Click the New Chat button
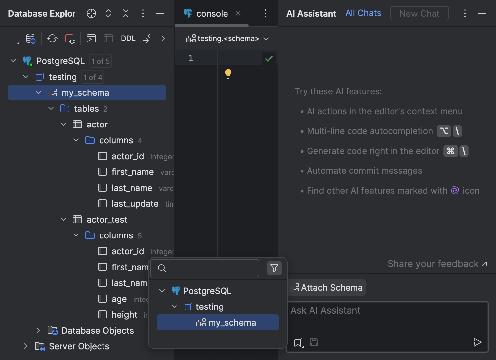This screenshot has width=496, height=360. pyautogui.click(x=419, y=14)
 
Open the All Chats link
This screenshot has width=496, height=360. pyautogui.click(x=363, y=13)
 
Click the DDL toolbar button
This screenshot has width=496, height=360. pyautogui.click(x=128, y=39)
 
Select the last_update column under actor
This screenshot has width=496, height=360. pyautogui.click(x=135, y=204)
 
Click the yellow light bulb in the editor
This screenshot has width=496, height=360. pyautogui.click(x=228, y=73)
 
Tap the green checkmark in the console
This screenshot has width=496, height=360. pyautogui.click(x=269, y=59)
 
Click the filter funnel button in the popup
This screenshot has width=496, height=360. pyautogui.click(x=274, y=268)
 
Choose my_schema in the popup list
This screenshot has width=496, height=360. pyautogui.click(x=232, y=323)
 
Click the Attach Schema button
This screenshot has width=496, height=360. pyautogui.click(x=327, y=288)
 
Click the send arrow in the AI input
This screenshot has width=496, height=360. pyautogui.click(x=477, y=342)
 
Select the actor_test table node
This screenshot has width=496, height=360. pyautogui.click(x=106, y=220)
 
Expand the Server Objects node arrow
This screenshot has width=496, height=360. pyautogui.click(x=25, y=346)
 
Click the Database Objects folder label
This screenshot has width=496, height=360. pyautogui.click(x=98, y=331)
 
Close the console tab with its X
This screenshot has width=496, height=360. pyautogui.click(x=238, y=13)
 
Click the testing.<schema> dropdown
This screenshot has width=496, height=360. pyautogui.click(x=227, y=39)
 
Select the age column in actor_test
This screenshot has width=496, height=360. pyautogui.click(x=119, y=299)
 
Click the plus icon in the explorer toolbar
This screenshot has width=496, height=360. pyautogui.click(x=13, y=38)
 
